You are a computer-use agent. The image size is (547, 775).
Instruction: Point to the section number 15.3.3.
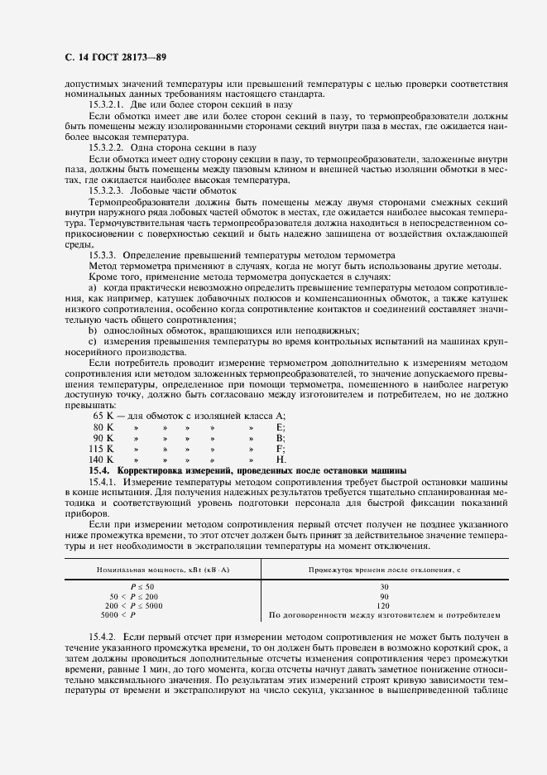click(105, 254)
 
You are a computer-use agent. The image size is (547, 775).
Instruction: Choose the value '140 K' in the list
click(102, 459)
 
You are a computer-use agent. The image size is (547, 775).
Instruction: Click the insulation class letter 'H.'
click(281, 459)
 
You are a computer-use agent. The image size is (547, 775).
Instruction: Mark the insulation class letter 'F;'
click(281, 447)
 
